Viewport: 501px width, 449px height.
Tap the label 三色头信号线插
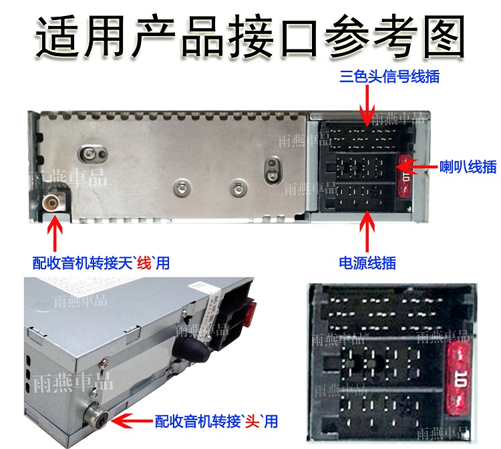tap(389, 76)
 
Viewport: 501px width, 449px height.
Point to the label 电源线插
tap(367, 263)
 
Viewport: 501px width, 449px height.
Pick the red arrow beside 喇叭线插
tap(420, 165)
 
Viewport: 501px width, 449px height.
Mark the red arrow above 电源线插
tap(367, 230)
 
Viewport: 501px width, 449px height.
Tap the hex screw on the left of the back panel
tap(88, 153)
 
